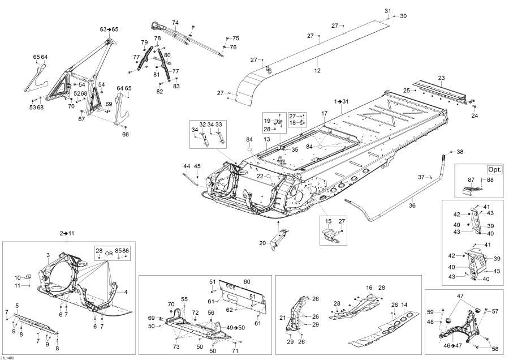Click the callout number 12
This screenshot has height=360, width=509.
tap(317, 71)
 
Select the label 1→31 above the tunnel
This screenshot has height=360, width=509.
tap(342, 101)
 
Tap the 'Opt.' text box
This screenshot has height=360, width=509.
tap(494, 169)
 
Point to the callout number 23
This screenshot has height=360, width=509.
tap(441, 78)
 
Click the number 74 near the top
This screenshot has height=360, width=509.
tap(175, 23)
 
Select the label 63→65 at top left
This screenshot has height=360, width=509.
tap(109, 29)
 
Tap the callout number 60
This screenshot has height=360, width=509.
tap(247, 281)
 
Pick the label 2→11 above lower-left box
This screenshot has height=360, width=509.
tap(67, 233)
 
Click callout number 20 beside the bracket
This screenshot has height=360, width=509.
tap(262, 243)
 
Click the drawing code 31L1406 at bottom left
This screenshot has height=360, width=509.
tap(8, 357)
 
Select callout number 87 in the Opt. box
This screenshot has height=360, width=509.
tap(471, 179)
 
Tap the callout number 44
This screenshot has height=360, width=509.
tap(186, 166)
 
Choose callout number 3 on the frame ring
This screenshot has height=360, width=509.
tap(48, 255)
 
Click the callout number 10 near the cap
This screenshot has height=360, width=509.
tap(18, 277)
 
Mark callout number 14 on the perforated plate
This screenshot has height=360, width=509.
tap(403, 305)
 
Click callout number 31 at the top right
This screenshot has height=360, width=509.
tap(387, 11)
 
